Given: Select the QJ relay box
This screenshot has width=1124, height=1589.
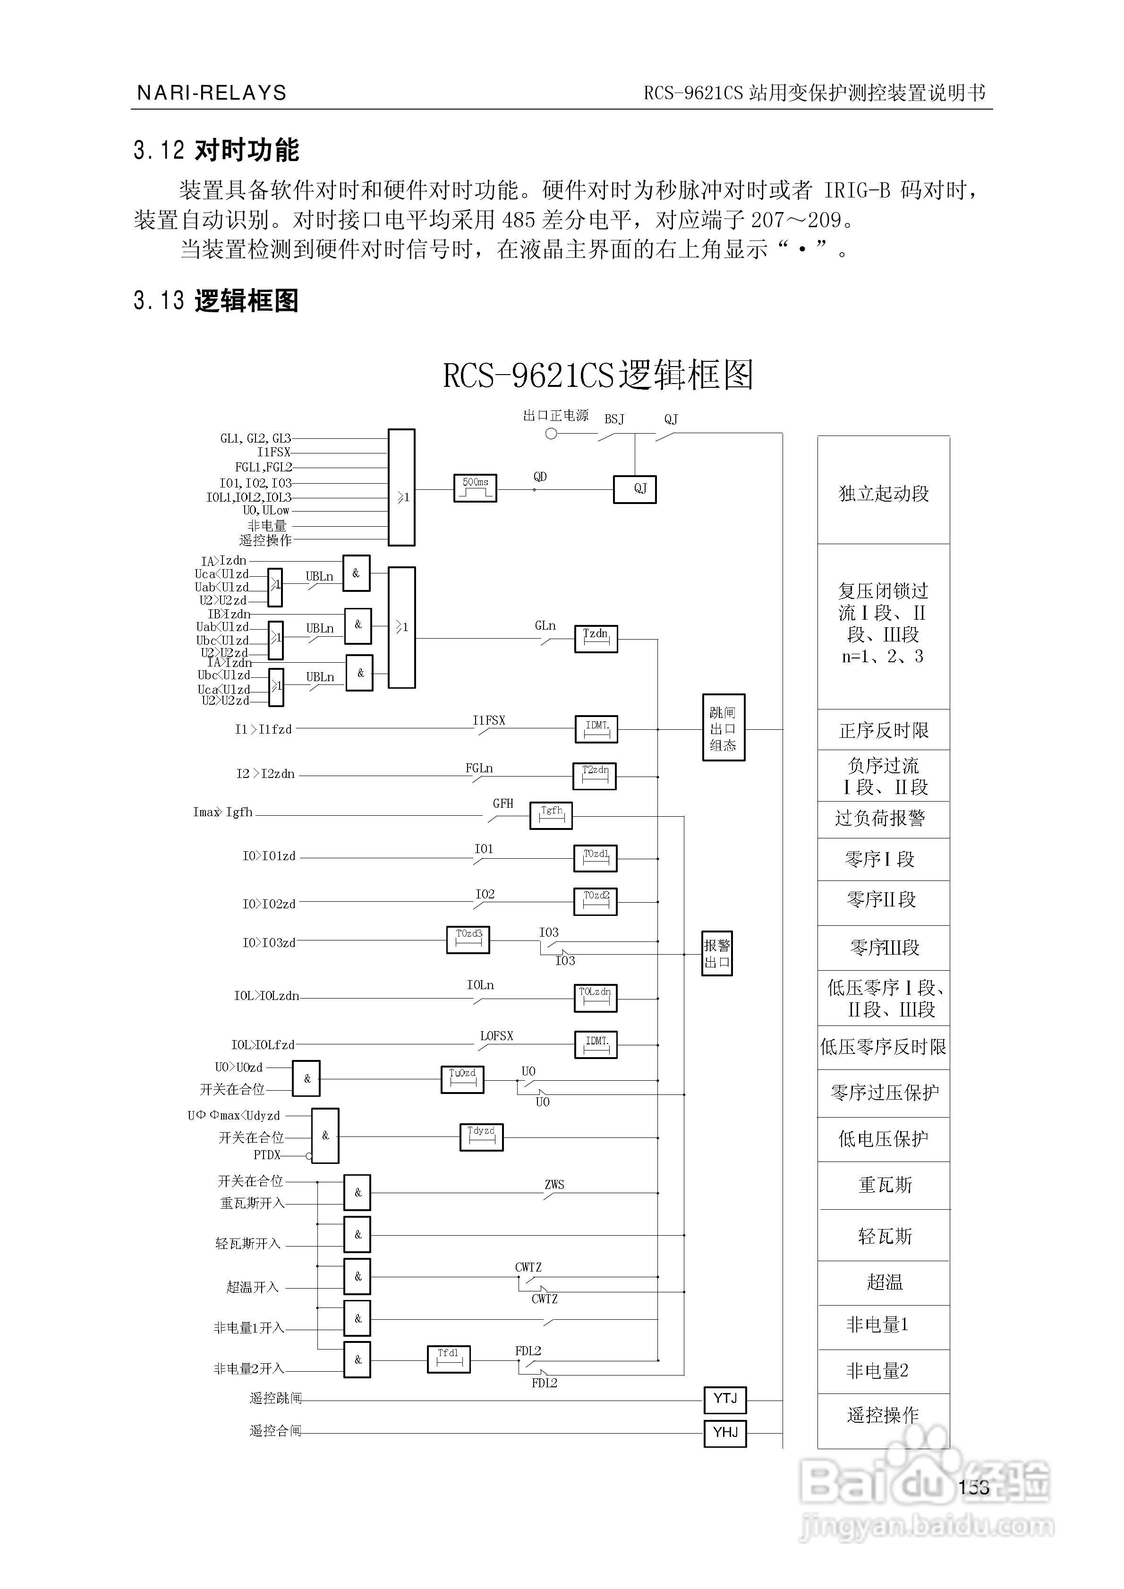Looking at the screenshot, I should pos(635,489).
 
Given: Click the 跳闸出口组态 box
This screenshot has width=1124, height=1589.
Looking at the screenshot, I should pos(723,727).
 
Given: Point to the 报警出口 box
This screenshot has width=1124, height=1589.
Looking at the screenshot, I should pos(717,953).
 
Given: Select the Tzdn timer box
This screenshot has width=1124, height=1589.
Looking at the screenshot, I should pos(596,638).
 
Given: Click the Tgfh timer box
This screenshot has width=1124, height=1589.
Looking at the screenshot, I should pos(551,815).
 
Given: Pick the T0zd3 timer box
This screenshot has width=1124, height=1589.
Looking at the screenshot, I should pos(468,939).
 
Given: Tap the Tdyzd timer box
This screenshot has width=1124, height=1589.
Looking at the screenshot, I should pos(481,1136).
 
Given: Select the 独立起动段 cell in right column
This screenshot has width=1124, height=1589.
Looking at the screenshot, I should pos(883,493).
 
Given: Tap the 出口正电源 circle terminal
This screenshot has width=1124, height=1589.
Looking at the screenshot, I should pos(552,434).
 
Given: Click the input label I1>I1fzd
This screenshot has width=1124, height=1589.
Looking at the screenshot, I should pos(263,729).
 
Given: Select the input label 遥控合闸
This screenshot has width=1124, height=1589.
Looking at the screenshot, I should pos(275,1430).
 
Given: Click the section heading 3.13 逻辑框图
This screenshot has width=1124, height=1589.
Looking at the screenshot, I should pos(216,301).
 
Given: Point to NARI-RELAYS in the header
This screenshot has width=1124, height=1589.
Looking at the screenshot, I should pos(212,93).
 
